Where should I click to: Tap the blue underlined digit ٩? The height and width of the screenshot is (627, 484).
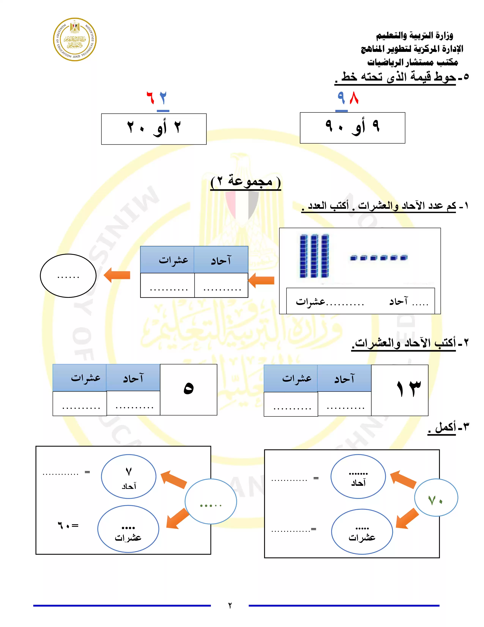pos(341,98)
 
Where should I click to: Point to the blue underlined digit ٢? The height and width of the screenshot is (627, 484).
pos(163,98)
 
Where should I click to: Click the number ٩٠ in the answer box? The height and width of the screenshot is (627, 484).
pos(334,126)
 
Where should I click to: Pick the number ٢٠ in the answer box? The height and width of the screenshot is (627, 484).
pos(136,127)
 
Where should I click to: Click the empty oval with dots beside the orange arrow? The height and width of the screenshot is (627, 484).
pos(68,276)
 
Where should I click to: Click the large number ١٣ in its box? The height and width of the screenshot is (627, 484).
pos(409,389)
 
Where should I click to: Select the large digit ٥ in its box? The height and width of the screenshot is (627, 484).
pos(188,388)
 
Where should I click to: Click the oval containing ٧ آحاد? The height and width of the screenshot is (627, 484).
pos(128,477)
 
